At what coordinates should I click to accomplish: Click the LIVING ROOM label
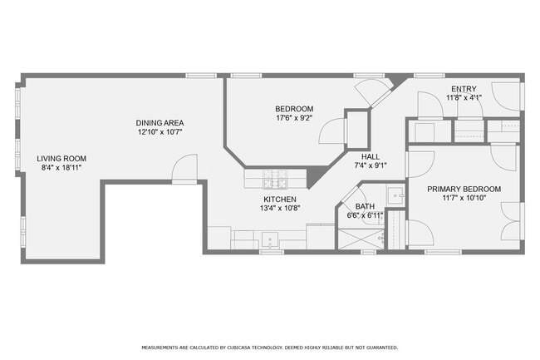[61, 159]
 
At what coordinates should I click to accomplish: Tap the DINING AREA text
[160, 123]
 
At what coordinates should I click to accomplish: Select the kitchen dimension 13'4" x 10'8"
[280, 208]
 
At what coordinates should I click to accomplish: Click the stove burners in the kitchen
[275, 179]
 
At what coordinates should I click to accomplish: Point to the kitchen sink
[270, 239]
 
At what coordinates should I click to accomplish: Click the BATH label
[365, 207]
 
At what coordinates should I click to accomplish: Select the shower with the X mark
[361, 239]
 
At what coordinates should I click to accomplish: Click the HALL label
[371, 157]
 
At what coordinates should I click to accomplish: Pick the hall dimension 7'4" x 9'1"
[371, 165]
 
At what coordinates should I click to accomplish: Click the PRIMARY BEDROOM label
[464, 189]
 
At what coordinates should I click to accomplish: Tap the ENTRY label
[464, 89]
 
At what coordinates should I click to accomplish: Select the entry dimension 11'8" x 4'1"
[464, 97]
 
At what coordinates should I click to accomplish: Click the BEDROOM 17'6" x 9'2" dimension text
[294, 118]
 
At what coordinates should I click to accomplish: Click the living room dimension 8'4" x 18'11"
[61, 168]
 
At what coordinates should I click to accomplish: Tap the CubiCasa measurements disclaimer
[270, 348]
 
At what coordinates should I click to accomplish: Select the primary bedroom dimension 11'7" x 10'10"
[464, 198]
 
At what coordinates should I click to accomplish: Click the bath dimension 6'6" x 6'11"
[365, 215]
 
